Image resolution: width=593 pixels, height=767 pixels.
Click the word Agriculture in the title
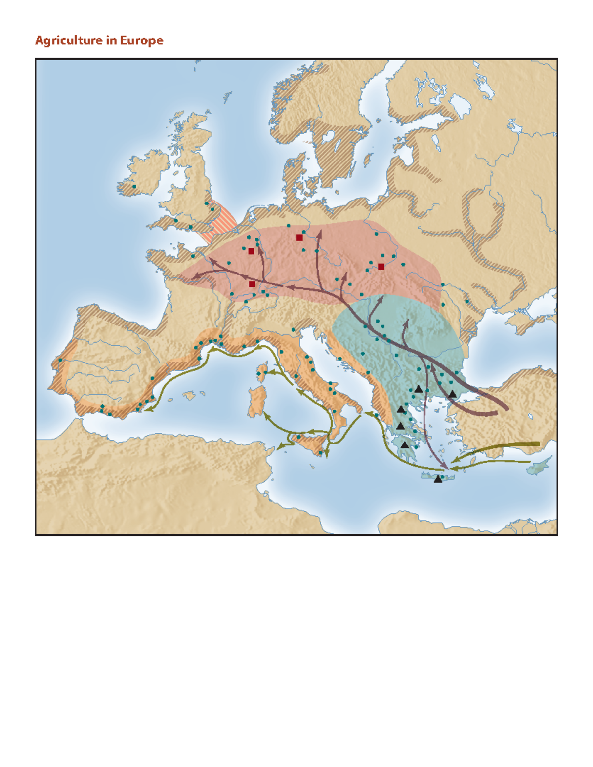click(69, 40)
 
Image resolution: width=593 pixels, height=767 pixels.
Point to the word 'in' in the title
click(111, 40)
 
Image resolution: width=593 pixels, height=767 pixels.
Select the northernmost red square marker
click(299, 238)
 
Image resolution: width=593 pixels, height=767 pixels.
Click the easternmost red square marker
click(381, 267)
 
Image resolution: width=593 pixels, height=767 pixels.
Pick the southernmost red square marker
click(252, 284)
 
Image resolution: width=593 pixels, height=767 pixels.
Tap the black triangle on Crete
click(438, 479)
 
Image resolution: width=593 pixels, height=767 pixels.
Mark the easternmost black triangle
click(452, 394)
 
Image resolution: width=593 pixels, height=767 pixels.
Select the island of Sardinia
click(257, 402)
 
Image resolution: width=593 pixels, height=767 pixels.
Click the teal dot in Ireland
click(134, 187)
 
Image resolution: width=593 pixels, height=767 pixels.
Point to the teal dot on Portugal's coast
click(60, 360)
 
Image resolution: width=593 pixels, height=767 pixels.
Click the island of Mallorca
click(188, 395)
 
